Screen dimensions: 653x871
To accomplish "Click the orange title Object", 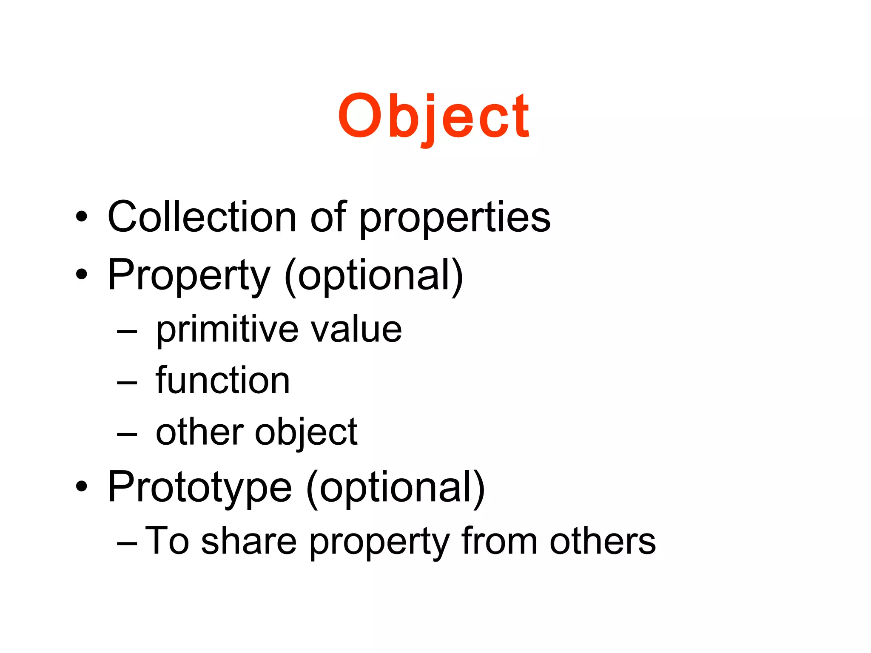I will (x=433, y=116).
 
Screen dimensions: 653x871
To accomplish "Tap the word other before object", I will (x=199, y=432).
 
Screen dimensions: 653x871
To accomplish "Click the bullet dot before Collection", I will (x=81, y=217).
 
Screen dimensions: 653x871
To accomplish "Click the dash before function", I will (x=127, y=383).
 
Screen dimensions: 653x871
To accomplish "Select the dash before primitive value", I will (x=127, y=332).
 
